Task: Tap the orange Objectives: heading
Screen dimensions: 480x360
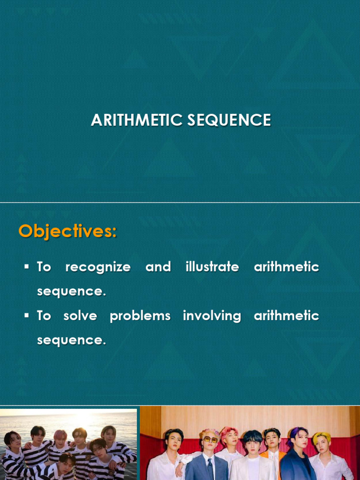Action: (x=67, y=231)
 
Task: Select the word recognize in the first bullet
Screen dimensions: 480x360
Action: (x=98, y=267)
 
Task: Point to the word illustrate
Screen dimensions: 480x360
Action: (x=212, y=267)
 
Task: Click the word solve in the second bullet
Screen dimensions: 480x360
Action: (x=80, y=316)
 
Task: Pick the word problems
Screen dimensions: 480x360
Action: (x=140, y=316)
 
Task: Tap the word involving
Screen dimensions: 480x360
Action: (x=212, y=316)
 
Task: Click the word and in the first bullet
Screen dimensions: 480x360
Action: (x=158, y=267)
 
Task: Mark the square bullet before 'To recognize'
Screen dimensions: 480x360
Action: (x=27, y=267)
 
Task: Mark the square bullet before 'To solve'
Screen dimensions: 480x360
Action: (x=27, y=316)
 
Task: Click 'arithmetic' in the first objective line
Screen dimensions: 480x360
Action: (x=286, y=267)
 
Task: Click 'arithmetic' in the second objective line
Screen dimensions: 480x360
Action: (x=286, y=316)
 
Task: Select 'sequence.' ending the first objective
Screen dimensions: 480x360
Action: (x=71, y=292)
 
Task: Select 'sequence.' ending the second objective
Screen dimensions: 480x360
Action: (x=71, y=340)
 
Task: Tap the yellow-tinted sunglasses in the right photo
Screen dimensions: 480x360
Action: (x=210, y=440)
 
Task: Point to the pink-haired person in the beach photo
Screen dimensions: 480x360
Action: (x=60, y=438)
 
